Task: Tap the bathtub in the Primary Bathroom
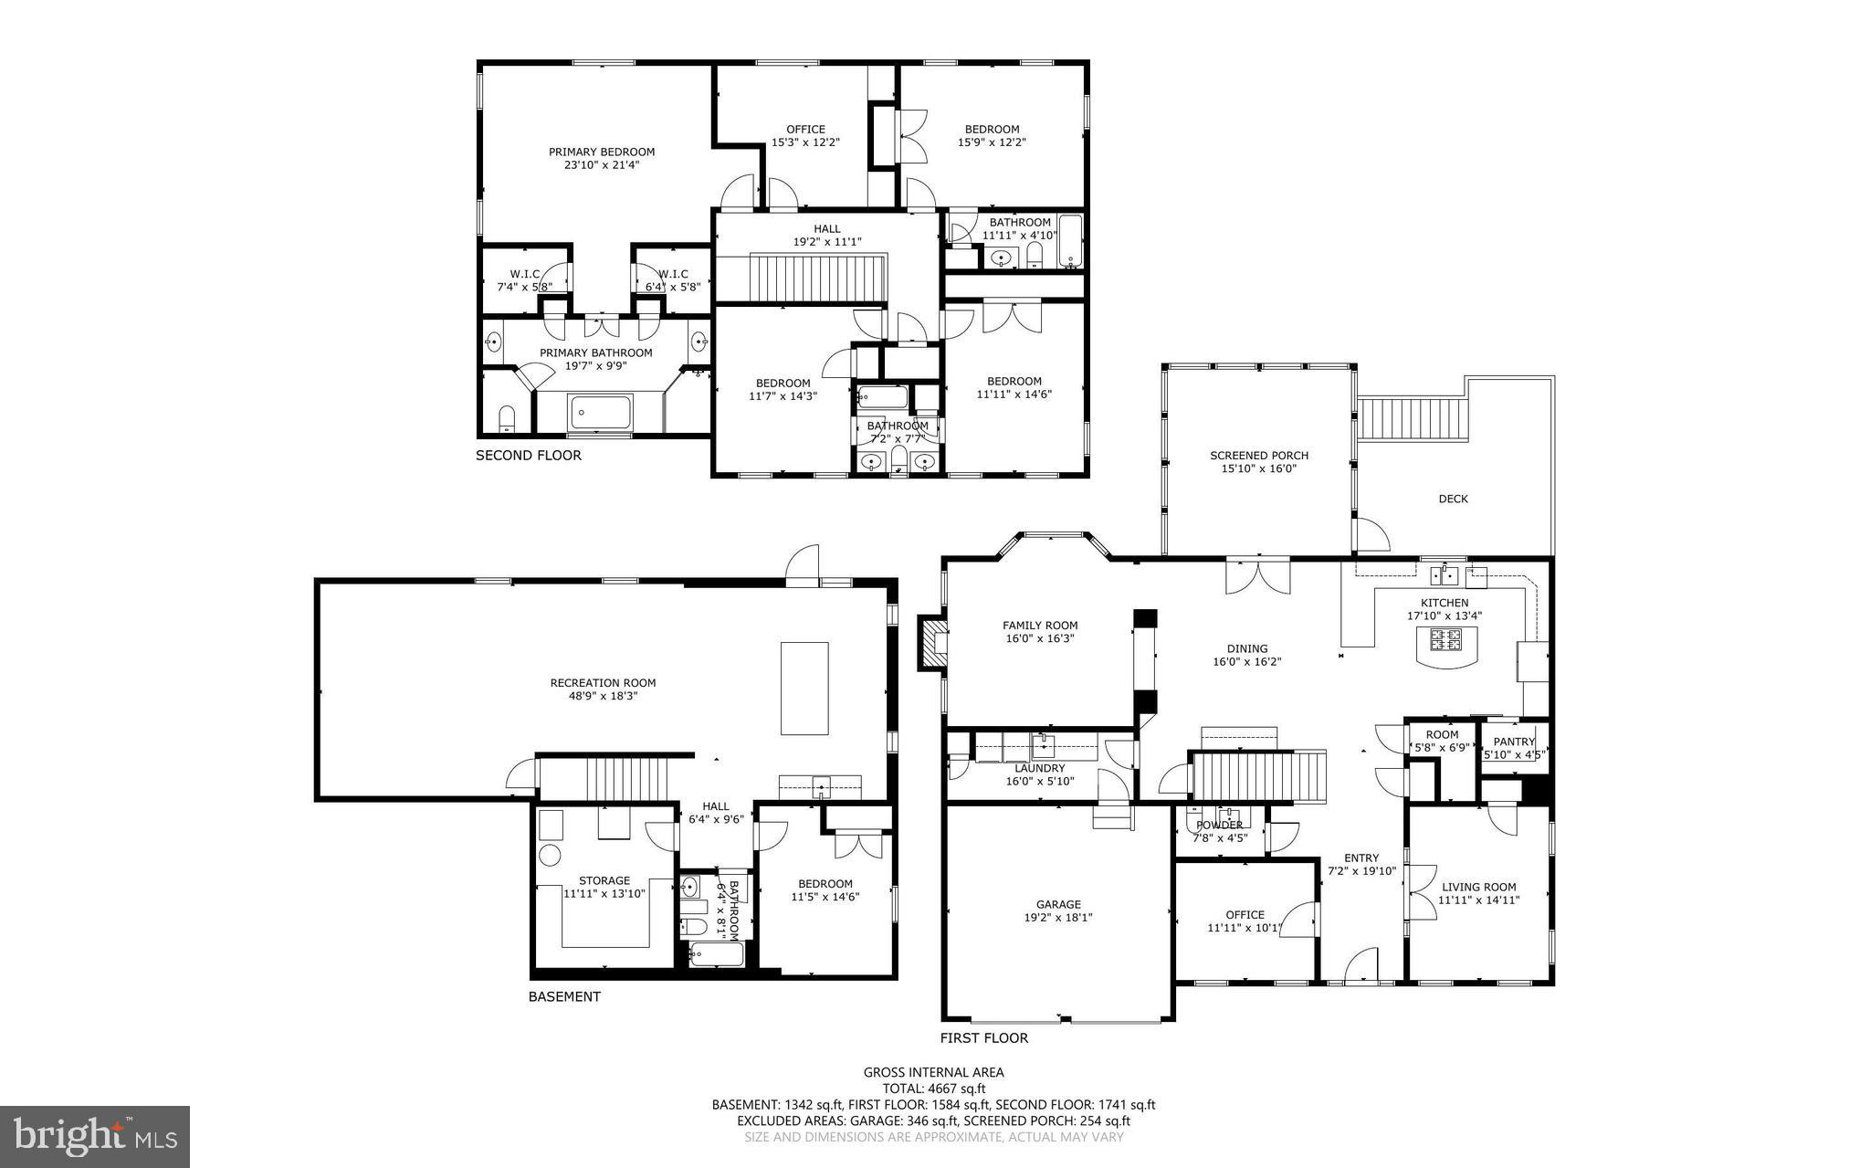(x=600, y=412)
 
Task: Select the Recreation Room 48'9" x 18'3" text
(x=603, y=689)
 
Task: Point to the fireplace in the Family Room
(x=932, y=642)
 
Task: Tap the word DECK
(x=1453, y=499)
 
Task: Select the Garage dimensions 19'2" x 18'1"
(x=1058, y=918)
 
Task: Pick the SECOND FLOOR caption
(x=528, y=455)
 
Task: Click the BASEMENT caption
(x=564, y=996)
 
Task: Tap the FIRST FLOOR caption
(x=983, y=1037)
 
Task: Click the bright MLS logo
(x=95, y=1136)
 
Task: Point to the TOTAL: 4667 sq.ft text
(x=933, y=1088)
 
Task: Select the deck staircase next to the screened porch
(x=1399, y=418)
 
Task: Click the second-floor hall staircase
(x=800, y=279)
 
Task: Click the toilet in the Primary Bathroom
(x=508, y=419)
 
